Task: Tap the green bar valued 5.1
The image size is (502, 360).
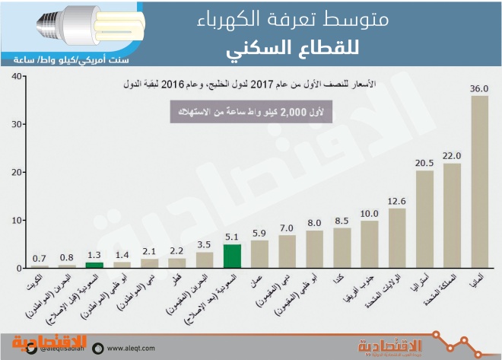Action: click(x=232, y=256)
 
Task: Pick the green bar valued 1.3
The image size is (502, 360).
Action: click(x=94, y=266)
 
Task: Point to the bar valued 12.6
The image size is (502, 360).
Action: click(x=397, y=238)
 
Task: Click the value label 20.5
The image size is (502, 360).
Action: click(x=424, y=163)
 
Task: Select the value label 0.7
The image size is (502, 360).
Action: click(x=40, y=258)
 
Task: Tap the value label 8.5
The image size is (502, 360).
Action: click(x=342, y=221)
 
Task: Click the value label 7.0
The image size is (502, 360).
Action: click(x=287, y=228)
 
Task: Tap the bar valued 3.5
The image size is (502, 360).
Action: click(x=205, y=260)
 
